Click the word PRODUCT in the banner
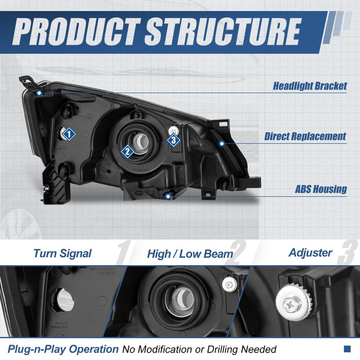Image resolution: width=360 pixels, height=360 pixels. tap(77, 31)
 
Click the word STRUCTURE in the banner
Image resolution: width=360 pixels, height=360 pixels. tap(223, 31)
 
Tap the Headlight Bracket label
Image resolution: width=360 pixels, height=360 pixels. tap(310, 86)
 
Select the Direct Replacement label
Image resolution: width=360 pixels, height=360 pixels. tap(305, 136)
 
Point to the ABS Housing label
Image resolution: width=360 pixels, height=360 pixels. tap(321, 189)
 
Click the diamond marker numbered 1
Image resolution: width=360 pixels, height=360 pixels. tap(69, 134)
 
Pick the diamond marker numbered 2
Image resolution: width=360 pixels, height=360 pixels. tap(127, 151)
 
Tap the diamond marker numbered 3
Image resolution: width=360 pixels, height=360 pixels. tap(174, 140)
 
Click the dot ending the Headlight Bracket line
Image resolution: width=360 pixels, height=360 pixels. tap(39, 93)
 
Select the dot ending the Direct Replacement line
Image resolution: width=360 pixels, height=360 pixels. tap(221, 143)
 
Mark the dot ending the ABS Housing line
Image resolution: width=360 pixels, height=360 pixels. tap(168, 196)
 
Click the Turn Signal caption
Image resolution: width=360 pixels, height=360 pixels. tap(62, 254)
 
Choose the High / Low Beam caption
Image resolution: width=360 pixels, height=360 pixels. tap(190, 254)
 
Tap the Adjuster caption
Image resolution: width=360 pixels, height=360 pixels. tap(310, 253)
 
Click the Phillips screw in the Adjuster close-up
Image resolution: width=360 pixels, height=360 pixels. tap(290, 305)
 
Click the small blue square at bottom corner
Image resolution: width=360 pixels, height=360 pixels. tap(347, 349)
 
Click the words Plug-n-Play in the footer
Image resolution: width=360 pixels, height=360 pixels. tap(37, 349)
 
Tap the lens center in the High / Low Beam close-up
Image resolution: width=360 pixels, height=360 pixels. tap(180, 301)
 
